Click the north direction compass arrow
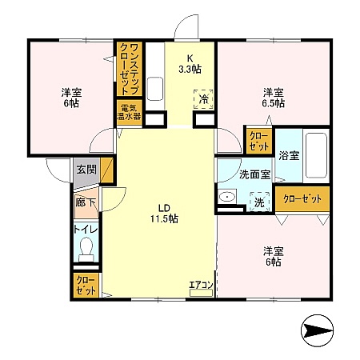pyautogui.click(x=318, y=330)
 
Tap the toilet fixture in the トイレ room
pyautogui.click(x=86, y=250)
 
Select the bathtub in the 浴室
pyautogui.click(x=316, y=155)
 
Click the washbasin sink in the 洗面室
pyautogui.click(x=227, y=197)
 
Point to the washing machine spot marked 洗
pyautogui.click(x=259, y=202)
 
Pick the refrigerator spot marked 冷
pyautogui.click(x=203, y=99)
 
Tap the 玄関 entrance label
pyautogui.click(x=86, y=170)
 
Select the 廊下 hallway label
pyautogui.click(x=86, y=202)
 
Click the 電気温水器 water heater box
pyautogui.click(x=130, y=112)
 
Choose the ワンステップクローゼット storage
pyautogui.click(x=130, y=69)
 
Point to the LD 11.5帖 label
pyautogui.click(x=165, y=214)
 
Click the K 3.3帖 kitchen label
pyautogui.click(x=190, y=64)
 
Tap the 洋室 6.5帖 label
pyautogui.click(x=274, y=98)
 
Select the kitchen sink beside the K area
pyautogui.click(x=155, y=89)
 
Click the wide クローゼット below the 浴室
pyautogui.click(x=302, y=199)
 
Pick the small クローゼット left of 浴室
pyautogui.click(x=259, y=141)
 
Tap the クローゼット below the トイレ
pyautogui.click(x=86, y=286)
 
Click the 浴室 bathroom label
pyautogui.click(x=289, y=155)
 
